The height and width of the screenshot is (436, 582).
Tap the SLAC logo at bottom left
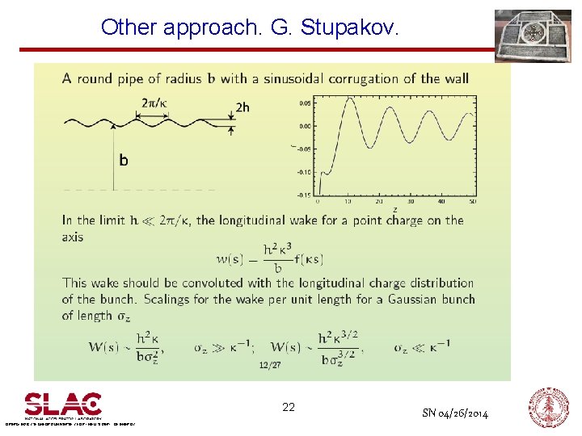point(63,404)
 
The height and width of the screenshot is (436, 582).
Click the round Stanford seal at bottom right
point(549,407)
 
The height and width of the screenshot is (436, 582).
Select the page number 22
point(289,408)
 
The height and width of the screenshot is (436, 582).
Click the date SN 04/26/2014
point(455,413)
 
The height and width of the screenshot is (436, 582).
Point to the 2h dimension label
point(242,107)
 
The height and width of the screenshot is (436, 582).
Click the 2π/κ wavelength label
point(154,103)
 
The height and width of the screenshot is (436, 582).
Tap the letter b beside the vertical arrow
point(124,161)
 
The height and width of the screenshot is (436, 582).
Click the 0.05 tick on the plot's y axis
point(306,103)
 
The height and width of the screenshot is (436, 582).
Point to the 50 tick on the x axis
point(473,201)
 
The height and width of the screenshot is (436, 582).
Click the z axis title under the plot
point(394,209)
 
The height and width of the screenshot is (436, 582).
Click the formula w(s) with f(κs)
point(271,258)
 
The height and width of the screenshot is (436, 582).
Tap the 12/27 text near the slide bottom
point(270,366)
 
